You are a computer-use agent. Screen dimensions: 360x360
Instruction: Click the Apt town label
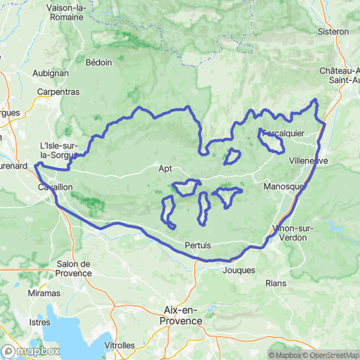point(165,169)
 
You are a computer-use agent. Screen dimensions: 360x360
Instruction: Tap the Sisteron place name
point(333,32)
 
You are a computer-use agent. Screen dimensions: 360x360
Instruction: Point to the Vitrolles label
point(120,345)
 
